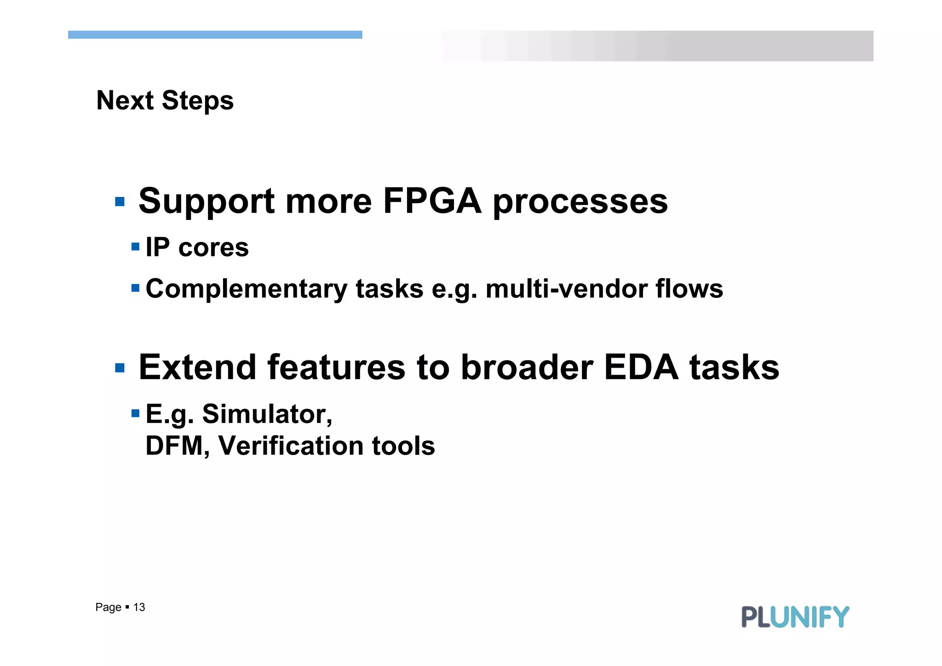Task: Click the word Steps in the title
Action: pyautogui.click(x=197, y=101)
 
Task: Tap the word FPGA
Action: pyautogui.click(x=432, y=201)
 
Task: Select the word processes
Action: pyautogui.click(x=580, y=203)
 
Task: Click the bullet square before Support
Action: pyautogui.click(x=120, y=202)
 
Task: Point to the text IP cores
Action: pyautogui.click(x=197, y=247)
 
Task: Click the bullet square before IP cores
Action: pyautogui.click(x=135, y=247)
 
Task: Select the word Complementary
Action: pyautogui.click(x=246, y=289)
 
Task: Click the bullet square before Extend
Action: pyautogui.click(x=120, y=368)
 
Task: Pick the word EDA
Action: pyautogui.click(x=641, y=367)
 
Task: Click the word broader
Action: pyautogui.click(x=527, y=367)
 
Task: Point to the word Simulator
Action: pyautogui.click(x=267, y=414)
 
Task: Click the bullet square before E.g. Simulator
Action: pyautogui.click(x=135, y=413)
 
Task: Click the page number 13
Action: pyautogui.click(x=139, y=608)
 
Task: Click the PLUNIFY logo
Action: pyautogui.click(x=795, y=617)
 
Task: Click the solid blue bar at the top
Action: pyautogui.click(x=215, y=35)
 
